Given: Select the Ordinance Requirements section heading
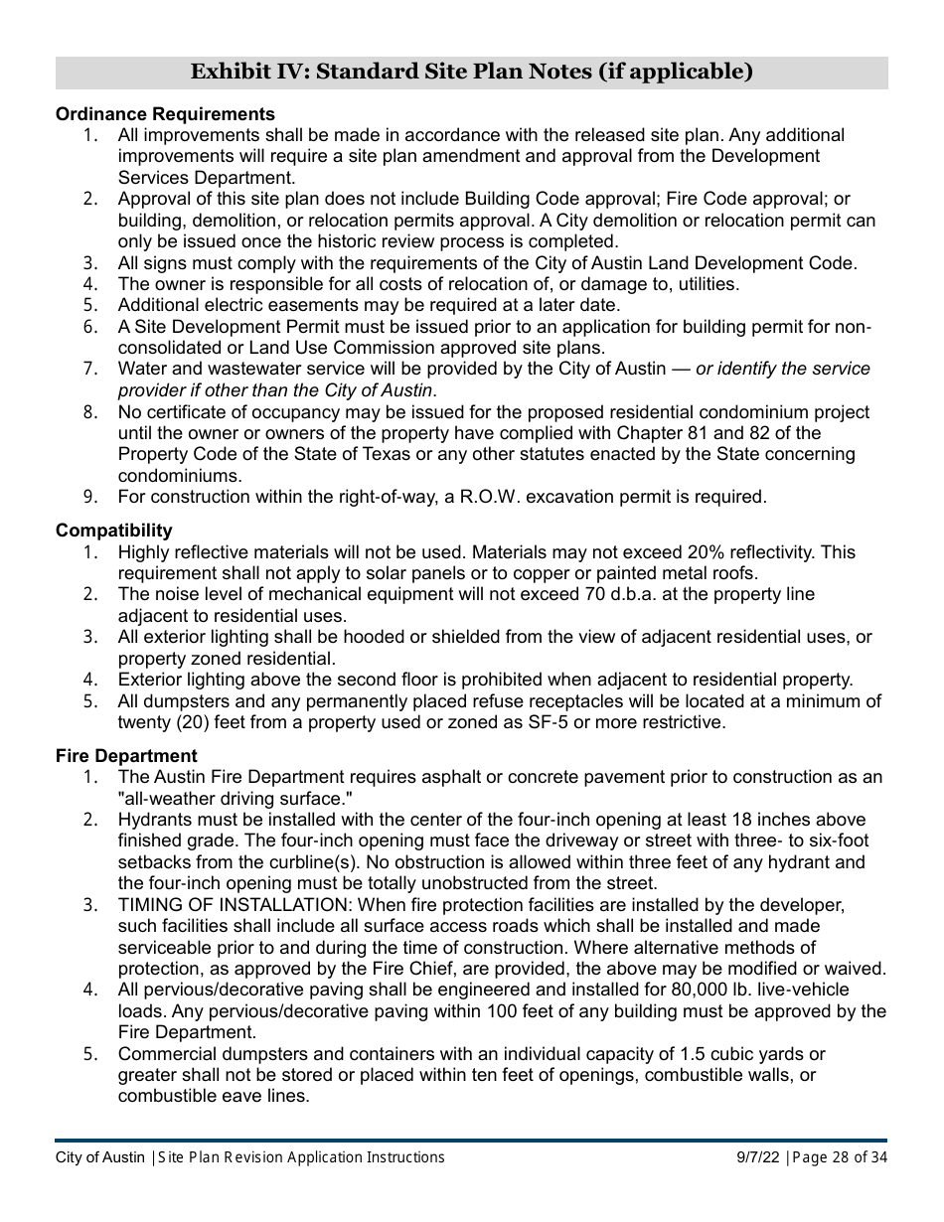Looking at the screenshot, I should click(165, 114).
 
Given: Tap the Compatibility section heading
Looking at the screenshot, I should click(113, 531).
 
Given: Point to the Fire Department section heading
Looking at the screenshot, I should click(126, 756).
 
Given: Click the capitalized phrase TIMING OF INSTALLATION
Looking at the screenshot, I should click(235, 905).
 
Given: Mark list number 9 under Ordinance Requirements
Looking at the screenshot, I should click(90, 497).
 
